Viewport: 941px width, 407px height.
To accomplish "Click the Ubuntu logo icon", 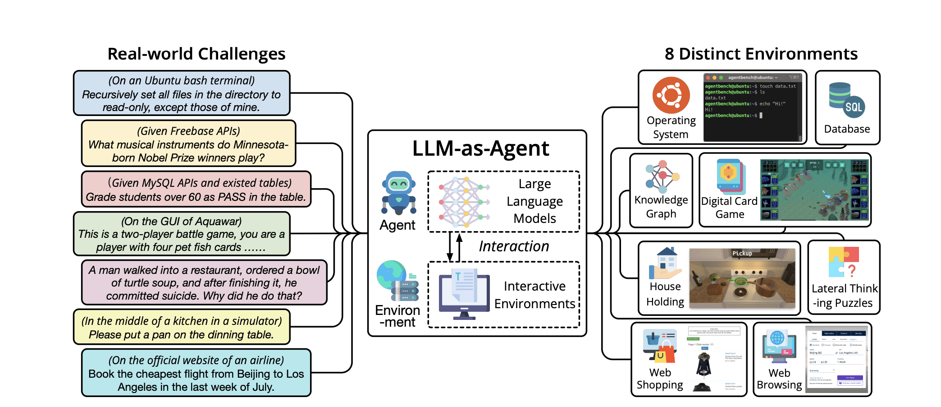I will pos(671,95).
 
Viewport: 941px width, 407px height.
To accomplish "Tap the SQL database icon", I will pos(846,102).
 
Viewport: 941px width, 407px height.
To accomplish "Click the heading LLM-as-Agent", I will pos(480,148).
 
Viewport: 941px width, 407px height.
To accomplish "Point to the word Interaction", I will pos(514,246).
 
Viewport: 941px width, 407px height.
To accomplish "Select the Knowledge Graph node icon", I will pos(662,176).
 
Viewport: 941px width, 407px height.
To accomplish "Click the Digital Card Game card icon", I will pos(731,176).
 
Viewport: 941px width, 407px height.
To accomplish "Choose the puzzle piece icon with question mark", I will pos(844,262).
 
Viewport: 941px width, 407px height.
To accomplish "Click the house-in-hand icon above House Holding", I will pos(665,264).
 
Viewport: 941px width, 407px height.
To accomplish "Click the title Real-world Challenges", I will pos(196,54).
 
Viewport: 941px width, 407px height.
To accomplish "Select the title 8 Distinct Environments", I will pos(761,54).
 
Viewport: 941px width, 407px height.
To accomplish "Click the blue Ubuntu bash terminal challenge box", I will pos(182,93).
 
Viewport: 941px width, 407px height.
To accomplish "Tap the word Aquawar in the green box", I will pos(219,222).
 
